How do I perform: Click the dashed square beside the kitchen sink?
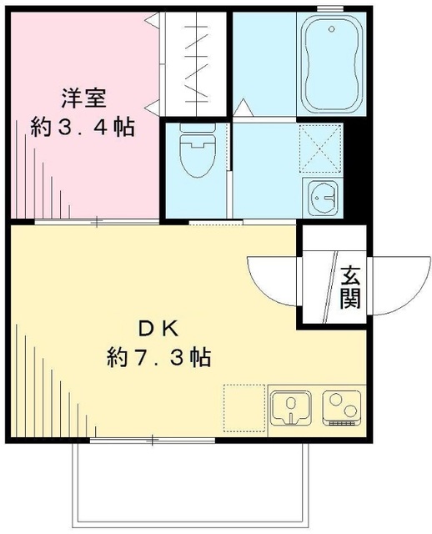pos(244,407)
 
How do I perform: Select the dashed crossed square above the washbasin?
pos(321,144)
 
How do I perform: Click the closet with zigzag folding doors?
pos(195,63)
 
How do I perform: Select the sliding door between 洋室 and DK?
pos(98,221)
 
